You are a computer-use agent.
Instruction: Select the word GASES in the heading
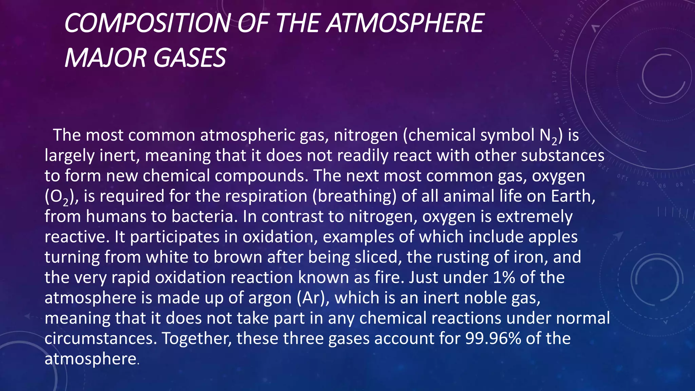click(190, 58)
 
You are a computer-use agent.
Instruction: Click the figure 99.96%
click(493, 338)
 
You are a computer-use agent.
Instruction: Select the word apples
click(553, 237)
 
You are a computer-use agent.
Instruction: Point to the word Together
click(197, 339)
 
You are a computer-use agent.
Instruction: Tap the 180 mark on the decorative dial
click(556, 54)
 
